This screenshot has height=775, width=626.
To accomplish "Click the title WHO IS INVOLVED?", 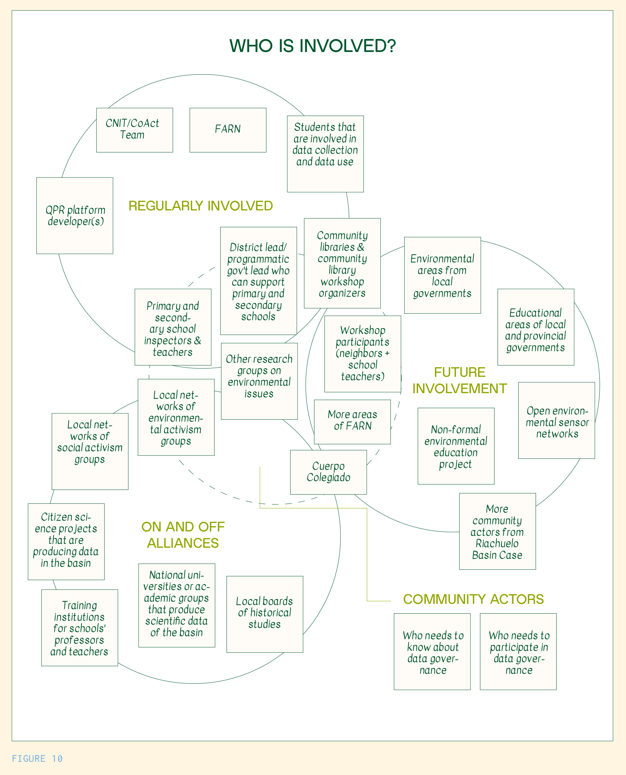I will coord(313,46).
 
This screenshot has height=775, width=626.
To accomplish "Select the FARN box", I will coord(228,130).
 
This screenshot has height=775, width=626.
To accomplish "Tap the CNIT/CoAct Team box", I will coord(134,130).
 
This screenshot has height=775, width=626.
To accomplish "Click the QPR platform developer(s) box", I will coord(75,215).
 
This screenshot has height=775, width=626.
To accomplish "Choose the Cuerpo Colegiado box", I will coord(328,472).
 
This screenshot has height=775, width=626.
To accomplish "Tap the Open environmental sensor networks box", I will coord(556,420).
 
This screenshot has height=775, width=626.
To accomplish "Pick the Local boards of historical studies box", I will coord(264,614).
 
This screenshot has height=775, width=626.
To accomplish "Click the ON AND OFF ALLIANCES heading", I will coord(183,534).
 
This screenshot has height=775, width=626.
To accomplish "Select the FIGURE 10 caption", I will coord(37,759).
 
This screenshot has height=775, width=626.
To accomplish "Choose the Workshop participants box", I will coord(362,353).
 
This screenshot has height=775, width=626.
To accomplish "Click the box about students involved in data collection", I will coord(325,154).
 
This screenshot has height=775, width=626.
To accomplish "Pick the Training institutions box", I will coord(79,628).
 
